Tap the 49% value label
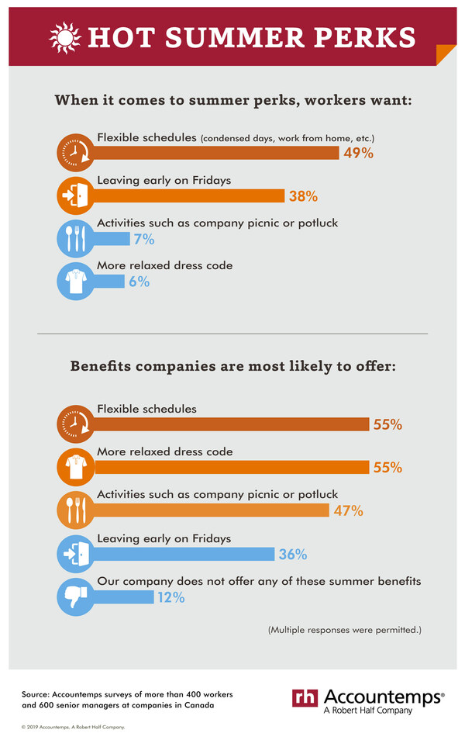point(358,153)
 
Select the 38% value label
point(302,196)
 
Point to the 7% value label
point(143,239)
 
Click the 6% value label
point(139,282)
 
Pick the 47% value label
point(348,510)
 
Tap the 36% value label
point(292,554)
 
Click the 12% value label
point(170,597)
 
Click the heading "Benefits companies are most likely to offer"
point(233,365)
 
